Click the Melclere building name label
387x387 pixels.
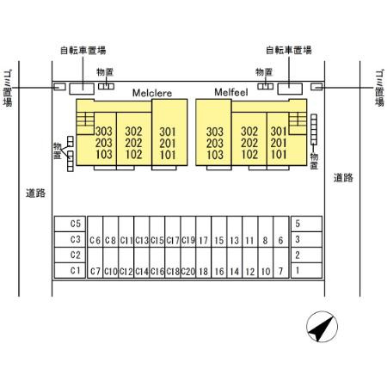coord(152,93)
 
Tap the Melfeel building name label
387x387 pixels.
coord(231,92)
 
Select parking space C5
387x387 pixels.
coord(70,224)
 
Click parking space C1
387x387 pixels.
coord(70,270)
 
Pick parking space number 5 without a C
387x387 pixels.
coord(306,224)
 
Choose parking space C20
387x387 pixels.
coord(188,263)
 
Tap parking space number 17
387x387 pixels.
coord(204,231)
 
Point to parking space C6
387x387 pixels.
coord(95,231)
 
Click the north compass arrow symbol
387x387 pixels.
coord(322,327)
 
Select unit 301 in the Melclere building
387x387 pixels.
coord(168,132)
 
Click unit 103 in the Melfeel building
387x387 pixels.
coord(215,155)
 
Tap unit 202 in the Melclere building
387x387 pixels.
coord(133,143)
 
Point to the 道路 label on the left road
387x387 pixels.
coord(36,193)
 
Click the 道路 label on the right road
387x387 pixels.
coord(343,178)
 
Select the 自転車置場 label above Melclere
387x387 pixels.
coord(83,51)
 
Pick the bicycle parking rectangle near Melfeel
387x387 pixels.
coord(290,89)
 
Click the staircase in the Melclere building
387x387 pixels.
coord(85,123)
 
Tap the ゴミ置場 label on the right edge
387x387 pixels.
coord(379,88)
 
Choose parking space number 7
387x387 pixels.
coord(281,263)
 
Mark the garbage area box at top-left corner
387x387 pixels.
coord(59,87)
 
